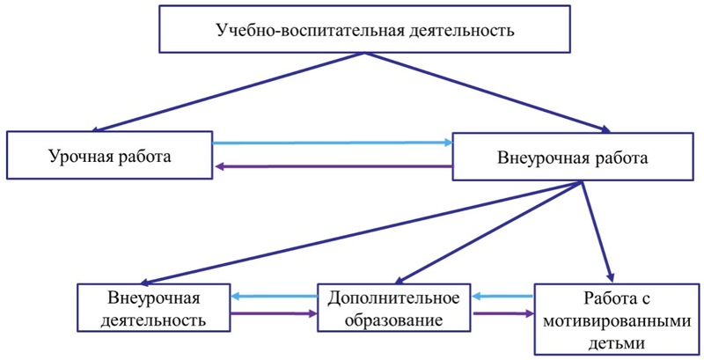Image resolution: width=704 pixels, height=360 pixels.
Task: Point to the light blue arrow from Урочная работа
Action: point(333,143)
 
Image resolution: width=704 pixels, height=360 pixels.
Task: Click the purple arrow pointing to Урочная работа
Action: point(334,166)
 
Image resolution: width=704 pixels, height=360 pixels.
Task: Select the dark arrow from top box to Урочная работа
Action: point(229,92)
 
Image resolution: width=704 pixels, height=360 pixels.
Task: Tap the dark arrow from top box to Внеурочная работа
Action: point(488,92)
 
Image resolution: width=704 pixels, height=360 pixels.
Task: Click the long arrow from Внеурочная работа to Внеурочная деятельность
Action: point(362,232)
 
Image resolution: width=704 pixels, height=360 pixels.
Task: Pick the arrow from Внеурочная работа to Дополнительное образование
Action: point(488,232)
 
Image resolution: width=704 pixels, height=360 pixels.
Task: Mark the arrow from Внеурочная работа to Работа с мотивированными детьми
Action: point(597,231)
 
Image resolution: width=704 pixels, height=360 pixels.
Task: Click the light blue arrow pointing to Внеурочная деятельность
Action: point(275,297)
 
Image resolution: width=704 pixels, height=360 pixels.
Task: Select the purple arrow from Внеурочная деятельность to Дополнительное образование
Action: point(274,313)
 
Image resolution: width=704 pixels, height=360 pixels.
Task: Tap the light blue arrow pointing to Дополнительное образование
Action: point(502,297)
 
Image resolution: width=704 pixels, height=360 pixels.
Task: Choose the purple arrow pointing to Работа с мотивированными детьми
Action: point(502,313)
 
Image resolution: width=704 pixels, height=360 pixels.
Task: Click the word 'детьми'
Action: point(617,343)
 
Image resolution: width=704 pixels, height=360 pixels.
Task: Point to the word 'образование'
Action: point(393,320)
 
